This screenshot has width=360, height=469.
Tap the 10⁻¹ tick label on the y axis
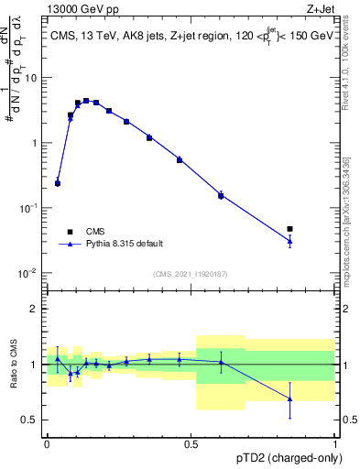tap(30, 209)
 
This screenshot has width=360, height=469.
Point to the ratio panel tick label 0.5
tap(33, 420)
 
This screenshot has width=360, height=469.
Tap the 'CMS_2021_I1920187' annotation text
tap(191, 274)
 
